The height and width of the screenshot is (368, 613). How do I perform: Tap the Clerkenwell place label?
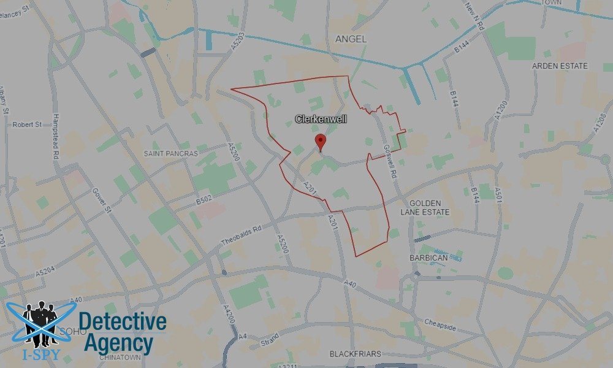[x=321, y=119]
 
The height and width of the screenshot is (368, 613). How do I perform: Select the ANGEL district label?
[x=351, y=39]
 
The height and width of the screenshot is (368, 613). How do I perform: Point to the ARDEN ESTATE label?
[x=560, y=66]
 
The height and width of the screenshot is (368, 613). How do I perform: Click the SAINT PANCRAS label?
[x=171, y=153]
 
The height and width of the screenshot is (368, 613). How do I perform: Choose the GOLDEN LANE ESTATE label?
[x=429, y=207]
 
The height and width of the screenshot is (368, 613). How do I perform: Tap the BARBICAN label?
[x=429, y=258]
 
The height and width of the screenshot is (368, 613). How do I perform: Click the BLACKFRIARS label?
[x=355, y=354]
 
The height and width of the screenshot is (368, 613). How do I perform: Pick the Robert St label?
[x=27, y=125]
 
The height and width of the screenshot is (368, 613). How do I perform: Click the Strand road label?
[x=268, y=339]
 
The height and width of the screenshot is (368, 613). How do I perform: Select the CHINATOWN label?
[x=116, y=357]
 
